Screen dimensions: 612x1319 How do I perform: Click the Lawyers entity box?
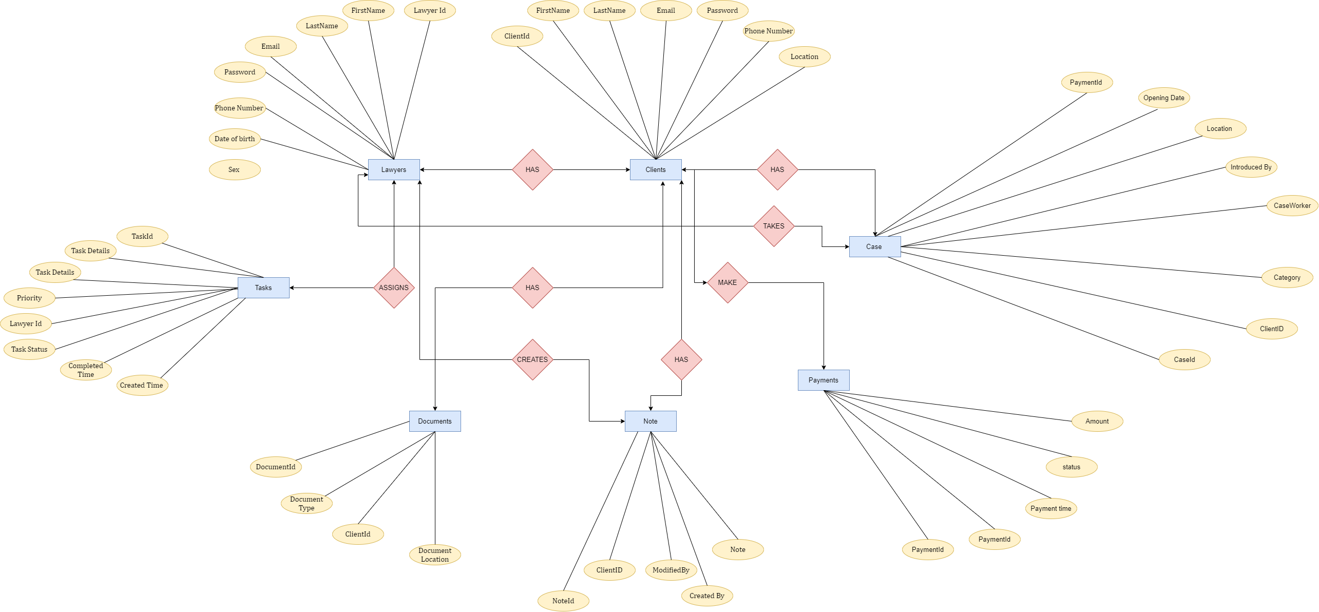click(x=394, y=169)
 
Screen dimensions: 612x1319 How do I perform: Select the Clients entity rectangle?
click(x=656, y=169)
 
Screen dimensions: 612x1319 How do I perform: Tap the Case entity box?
click(x=874, y=246)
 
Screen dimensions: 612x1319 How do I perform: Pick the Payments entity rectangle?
click(x=824, y=380)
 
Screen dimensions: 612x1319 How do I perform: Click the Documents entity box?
click(x=435, y=421)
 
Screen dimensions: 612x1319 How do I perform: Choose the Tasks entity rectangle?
click(x=263, y=288)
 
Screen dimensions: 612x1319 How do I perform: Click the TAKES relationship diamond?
click(x=774, y=226)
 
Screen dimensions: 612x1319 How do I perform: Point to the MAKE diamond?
click(x=728, y=282)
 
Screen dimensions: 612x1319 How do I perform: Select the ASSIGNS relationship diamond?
click(x=394, y=288)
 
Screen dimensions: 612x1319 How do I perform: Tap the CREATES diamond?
click(x=532, y=359)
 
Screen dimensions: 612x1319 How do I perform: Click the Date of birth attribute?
click(x=235, y=139)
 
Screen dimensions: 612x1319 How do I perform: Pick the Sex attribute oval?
click(x=235, y=169)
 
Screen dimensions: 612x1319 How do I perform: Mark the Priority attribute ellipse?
click(x=29, y=298)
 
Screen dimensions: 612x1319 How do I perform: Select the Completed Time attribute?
click(x=86, y=370)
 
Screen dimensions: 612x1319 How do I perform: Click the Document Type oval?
click(x=307, y=503)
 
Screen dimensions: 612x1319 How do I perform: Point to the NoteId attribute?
click(x=563, y=601)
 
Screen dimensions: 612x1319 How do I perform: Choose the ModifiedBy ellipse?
click(x=671, y=570)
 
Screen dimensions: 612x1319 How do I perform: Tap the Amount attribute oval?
click(x=1097, y=421)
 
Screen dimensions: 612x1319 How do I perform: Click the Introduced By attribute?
click(x=1251, y=167)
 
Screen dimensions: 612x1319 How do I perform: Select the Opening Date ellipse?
click(x=1164, y=98)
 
